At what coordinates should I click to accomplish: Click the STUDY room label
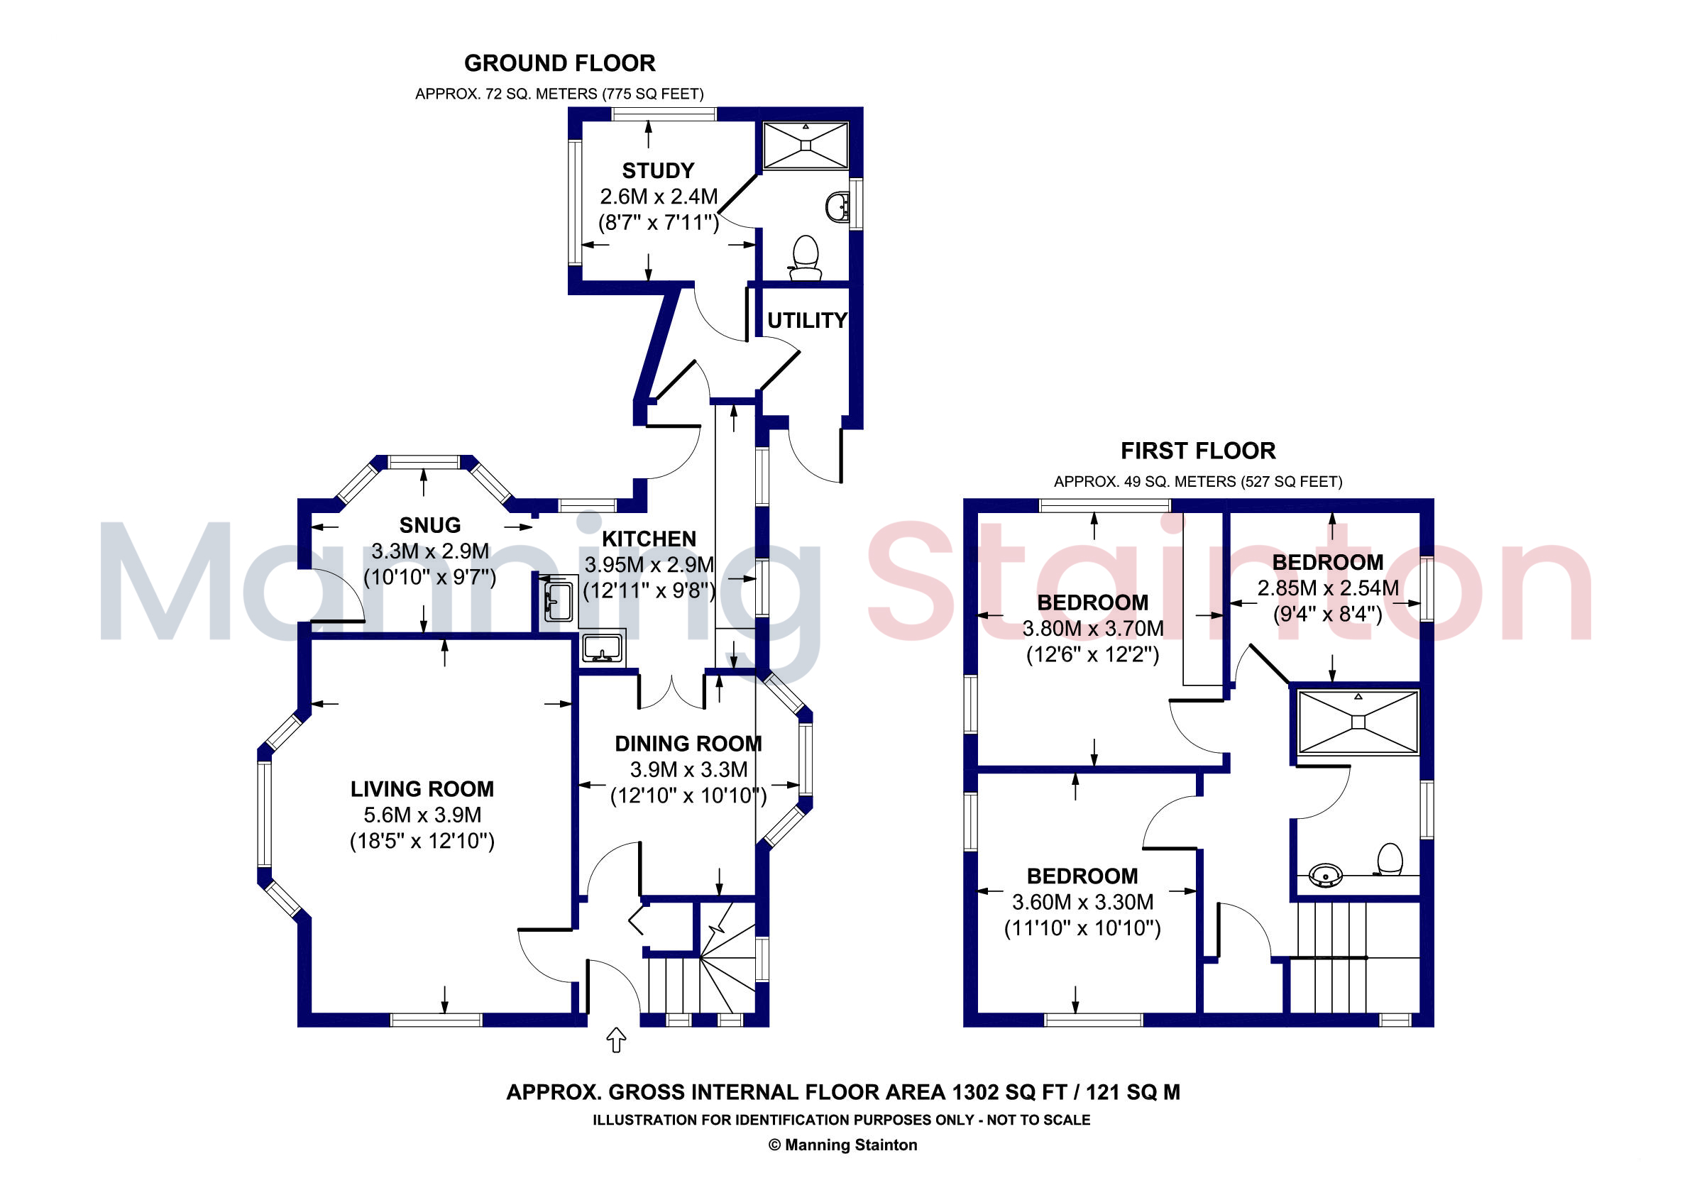click(x=658, y=171)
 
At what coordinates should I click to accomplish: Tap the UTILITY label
click(x=807, y=321)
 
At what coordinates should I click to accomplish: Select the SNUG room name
click(x=429, y=525)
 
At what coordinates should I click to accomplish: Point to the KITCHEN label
click(x=649, y=539)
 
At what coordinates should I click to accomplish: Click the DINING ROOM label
click(x=688, y=744)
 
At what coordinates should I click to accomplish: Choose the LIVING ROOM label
click(x=422, y=789)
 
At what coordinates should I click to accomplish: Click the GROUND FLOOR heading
click(x=559, y=63)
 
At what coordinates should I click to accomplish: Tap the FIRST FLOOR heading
click(x=1197, y=451)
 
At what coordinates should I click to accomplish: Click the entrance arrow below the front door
click(x=616, y=1040)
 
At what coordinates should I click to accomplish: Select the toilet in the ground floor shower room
click(x=806, y=258)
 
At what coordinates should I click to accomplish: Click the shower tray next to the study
click(x=806, y=146)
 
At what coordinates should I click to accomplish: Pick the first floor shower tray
click(x=1358, y=722)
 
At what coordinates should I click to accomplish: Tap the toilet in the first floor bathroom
click(x=1389, y=860)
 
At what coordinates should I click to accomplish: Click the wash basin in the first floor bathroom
click(x=1326, y=875)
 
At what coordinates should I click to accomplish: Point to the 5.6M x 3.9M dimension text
click(x=422, y=815)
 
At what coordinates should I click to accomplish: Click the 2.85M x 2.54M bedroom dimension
click(x=1327, y=588)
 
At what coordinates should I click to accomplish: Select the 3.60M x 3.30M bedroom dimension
click(x=1082, y=902)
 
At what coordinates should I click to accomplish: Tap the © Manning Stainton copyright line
click(x=843, y=1145)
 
